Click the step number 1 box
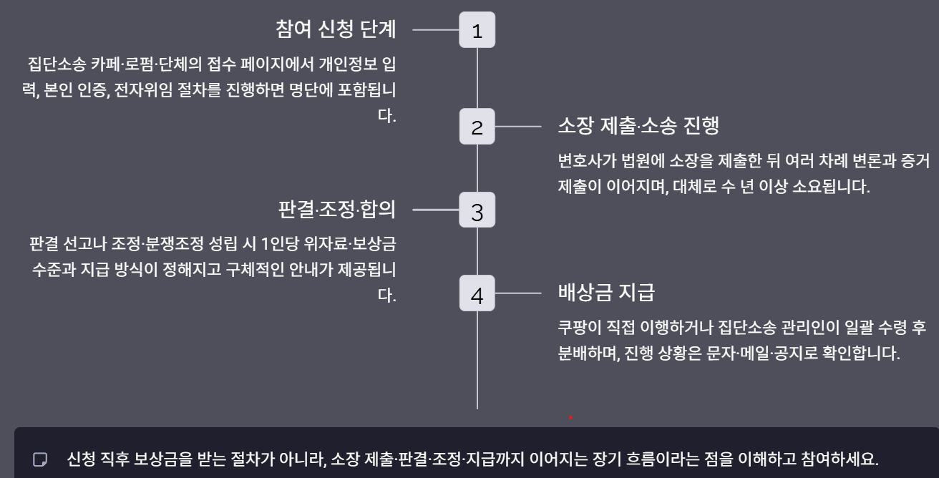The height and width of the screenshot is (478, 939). click(477, 30)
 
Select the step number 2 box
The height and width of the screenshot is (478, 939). click(477, 127)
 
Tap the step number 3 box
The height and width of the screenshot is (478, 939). click(477, 211)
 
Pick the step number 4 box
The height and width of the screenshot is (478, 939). click(477, 293)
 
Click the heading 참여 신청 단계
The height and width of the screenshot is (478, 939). click(336, 30)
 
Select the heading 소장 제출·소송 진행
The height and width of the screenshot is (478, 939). click(638, 127)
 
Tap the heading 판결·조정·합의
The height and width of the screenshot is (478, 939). click(336, 210)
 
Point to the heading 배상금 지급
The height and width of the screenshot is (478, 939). click(606, 293)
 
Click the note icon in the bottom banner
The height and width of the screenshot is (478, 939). click(40, 458)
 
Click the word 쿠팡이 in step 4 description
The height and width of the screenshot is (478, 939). click(578, 328)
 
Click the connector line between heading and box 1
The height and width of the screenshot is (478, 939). click(435, 30)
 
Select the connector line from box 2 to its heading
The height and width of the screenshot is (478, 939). click(518, 127)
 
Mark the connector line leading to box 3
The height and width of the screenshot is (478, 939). click(435, 210)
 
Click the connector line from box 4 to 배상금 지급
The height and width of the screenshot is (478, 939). click(518, 293)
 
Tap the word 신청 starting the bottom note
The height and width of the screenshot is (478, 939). click(81, 458)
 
